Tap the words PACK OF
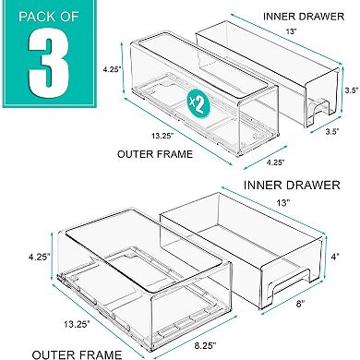[x=49, y=18]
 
